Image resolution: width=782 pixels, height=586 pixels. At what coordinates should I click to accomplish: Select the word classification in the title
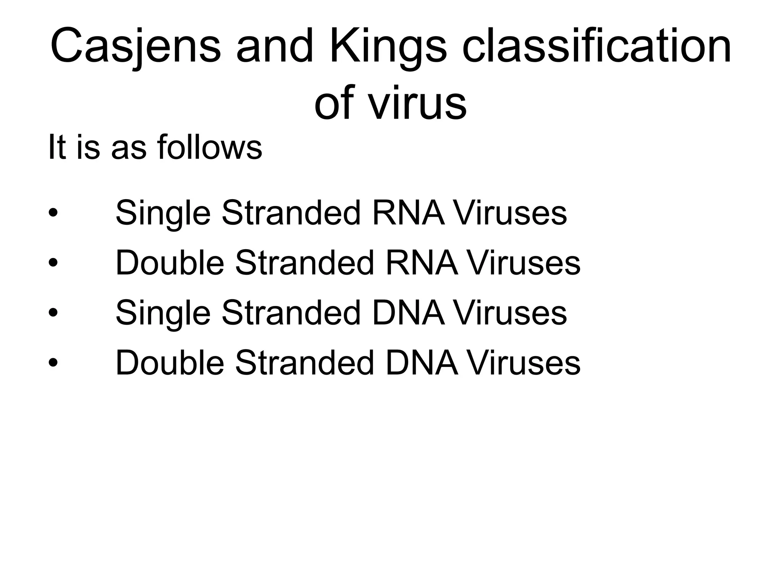tap(597, 47)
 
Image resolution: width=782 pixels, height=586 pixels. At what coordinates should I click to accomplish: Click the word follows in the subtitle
tap(210, 148)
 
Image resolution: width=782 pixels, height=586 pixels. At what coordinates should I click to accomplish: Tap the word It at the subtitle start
tap(57, 148)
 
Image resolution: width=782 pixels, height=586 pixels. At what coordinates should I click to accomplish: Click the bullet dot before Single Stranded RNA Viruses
tap(53, 213)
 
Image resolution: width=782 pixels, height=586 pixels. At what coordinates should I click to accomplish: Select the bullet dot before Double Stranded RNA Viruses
tap(53, 262)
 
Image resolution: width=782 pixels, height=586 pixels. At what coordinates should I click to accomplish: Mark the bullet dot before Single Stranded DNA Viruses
tap(53, 313)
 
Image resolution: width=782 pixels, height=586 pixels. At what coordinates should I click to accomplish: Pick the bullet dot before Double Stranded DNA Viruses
tap(53, 363)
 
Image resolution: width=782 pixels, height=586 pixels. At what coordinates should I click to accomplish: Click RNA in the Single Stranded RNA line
tap(409, 213)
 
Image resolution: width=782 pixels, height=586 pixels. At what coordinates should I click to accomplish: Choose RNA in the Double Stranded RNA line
tap(422, 262)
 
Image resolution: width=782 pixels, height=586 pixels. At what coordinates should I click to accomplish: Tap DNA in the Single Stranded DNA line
tap(409, 313)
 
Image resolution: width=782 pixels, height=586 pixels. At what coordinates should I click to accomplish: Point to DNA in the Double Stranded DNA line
tap(422, 363)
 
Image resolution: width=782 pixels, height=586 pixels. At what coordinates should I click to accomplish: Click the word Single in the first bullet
tap(163, 213)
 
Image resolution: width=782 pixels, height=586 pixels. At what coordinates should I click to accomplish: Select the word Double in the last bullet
tap(170, 363)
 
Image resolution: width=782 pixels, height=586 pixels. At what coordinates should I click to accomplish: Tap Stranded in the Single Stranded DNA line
tap(291, 313)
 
